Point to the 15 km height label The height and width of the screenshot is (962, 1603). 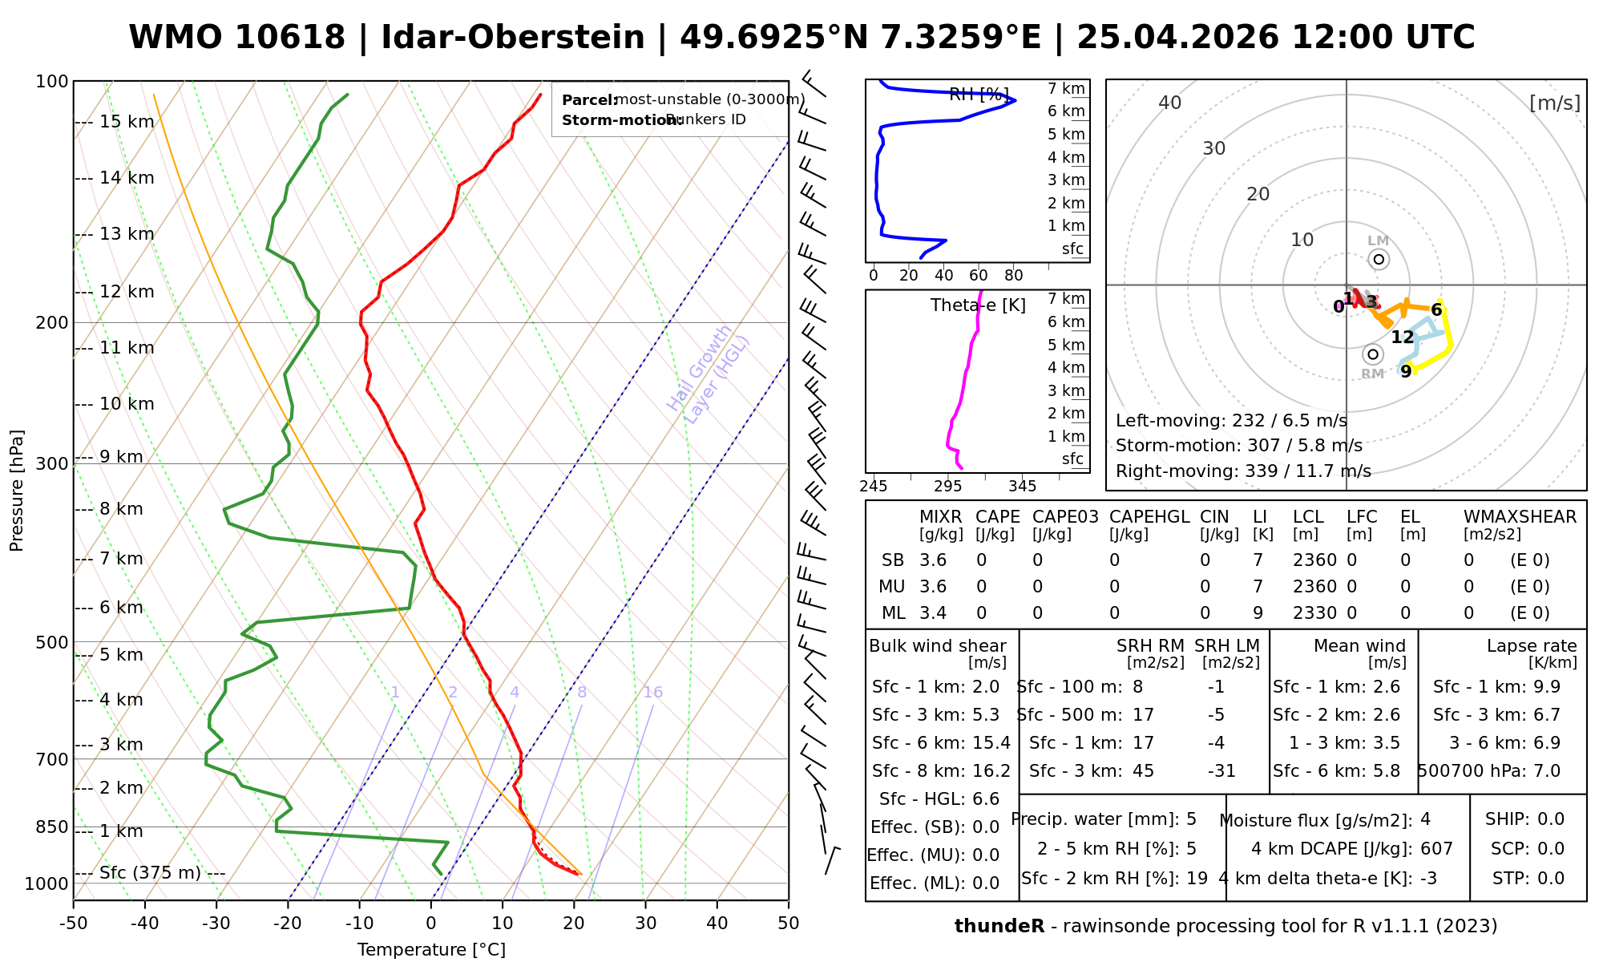(x=127, y=122)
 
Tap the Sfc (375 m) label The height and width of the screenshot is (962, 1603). (x=150, y=873)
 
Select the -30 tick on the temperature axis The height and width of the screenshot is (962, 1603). (x=216, y=924)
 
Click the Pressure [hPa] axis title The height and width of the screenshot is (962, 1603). (x=17, y=491)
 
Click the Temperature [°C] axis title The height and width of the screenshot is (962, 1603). (x=431, y=950)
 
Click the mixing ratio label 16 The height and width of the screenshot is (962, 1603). (x=652, y=693)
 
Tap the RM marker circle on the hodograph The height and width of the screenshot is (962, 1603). (x=1373, y=354)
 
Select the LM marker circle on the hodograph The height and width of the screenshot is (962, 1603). (x=1379, y=259)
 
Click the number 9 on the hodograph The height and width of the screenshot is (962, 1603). (x=1406, y=372)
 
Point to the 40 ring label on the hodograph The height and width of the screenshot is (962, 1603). (x=1170, y=103)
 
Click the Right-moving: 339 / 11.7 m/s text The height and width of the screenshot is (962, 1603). (x=1243, y=471)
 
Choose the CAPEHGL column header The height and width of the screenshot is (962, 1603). (x=1149, y=517)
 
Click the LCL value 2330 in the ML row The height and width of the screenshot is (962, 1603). (x=1314, y=613)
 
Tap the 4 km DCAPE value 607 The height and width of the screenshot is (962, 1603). (x=1436, y=848)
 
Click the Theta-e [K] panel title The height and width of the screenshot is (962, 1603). (x=978, y=305)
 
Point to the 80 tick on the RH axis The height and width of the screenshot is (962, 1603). (x=1014, y=276)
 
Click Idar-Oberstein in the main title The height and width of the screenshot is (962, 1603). (x=513, y=38)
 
